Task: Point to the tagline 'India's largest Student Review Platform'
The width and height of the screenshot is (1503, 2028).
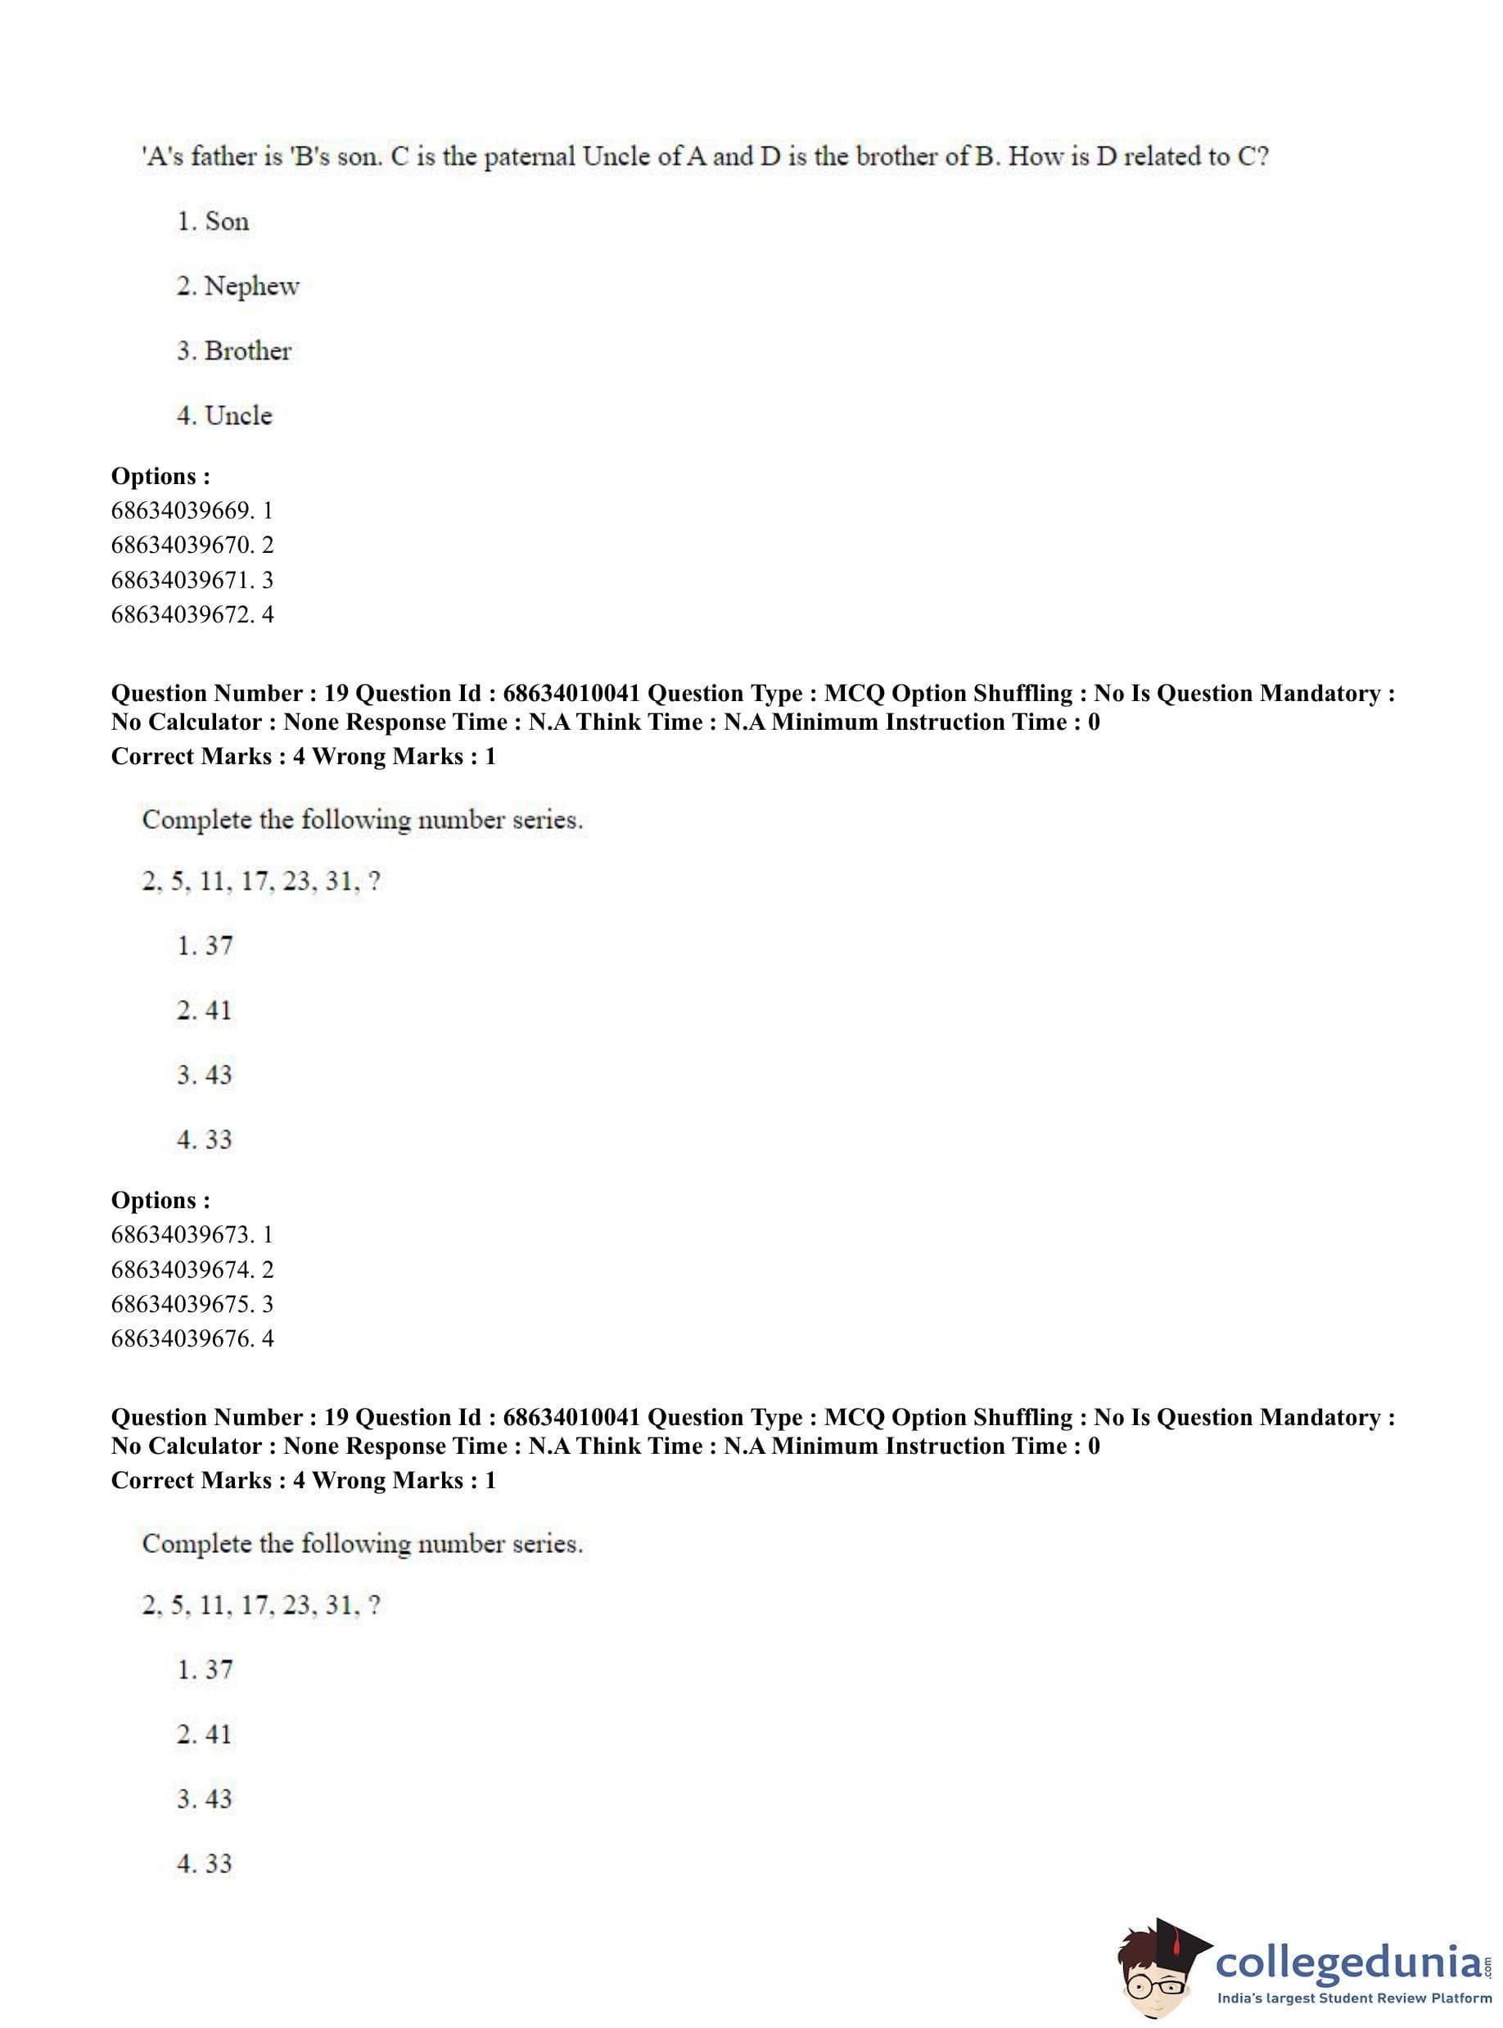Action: (1354, 1998)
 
